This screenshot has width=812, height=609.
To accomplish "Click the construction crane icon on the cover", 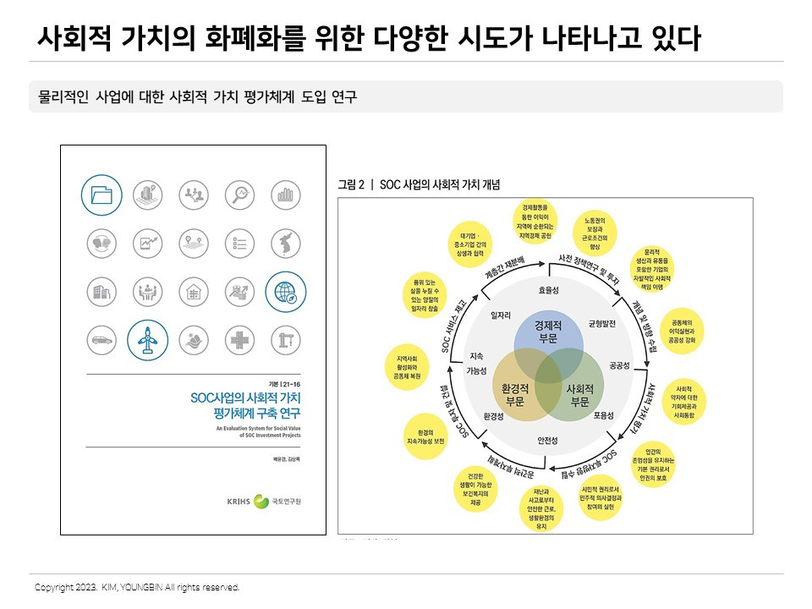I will pos(286,340).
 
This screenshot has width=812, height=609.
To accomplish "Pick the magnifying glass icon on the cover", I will pos(240,195).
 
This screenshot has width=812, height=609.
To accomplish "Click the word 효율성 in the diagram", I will pos(548,289).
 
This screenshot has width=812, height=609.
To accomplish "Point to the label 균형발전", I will pos(606,324).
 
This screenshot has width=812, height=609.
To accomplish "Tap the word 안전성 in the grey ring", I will pos(548,441).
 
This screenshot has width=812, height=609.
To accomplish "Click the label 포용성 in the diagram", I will pos(602,415).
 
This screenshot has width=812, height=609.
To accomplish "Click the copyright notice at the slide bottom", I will pos(137,587).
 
